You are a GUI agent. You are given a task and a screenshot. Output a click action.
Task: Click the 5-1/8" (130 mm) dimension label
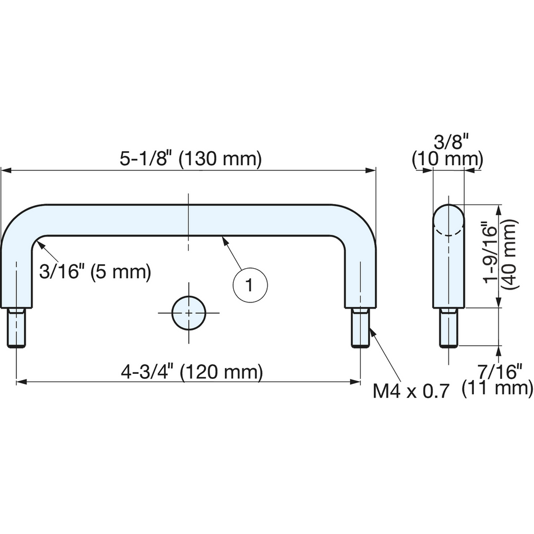(x=191, y=159)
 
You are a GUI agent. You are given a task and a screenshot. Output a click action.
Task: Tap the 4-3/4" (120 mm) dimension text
(x=192, y=372)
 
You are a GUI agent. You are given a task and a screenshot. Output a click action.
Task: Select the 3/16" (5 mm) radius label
(x=95, y=271)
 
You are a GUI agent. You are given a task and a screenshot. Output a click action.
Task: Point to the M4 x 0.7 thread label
(x=411, y=391)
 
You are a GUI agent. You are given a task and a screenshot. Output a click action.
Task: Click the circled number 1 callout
(x=250, y=285)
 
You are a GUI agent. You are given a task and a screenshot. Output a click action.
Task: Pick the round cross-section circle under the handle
(x=189, y=313)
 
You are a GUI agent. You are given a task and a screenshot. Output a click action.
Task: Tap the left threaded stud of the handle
(x=16, y=328)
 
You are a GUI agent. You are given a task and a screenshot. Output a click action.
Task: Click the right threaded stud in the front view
(x=360, y=328)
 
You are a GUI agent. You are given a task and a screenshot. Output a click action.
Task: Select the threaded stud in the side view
(x=449, y=328)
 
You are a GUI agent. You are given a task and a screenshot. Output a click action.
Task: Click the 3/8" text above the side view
(x=447, y=142)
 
